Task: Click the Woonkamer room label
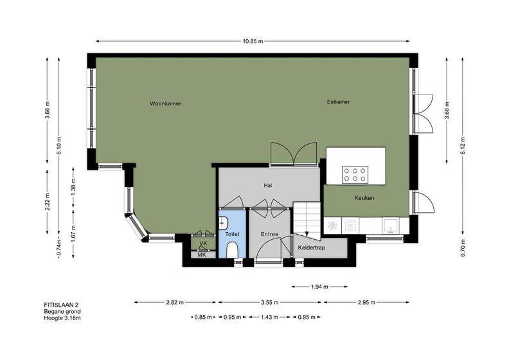pos(165,104)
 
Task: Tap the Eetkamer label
pos(338,102)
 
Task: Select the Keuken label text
pos(364,198)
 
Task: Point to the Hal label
pos(268,186)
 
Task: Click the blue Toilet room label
pos(233,234)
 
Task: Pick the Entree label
pos(269,234)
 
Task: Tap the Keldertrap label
pos(312,248)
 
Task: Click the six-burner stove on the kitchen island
pos(355,174)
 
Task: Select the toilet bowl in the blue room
pos(232,249)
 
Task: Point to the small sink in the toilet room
pos(224,223)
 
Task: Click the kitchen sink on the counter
pos(391,225)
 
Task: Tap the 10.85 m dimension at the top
pos(253,41)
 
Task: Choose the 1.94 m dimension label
pos(319,287)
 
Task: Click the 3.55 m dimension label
pos(270,302)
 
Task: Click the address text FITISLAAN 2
pos(61,305)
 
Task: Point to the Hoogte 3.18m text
pos(62,318)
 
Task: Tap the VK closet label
pos(203,243)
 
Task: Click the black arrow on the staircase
pos(307,233)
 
